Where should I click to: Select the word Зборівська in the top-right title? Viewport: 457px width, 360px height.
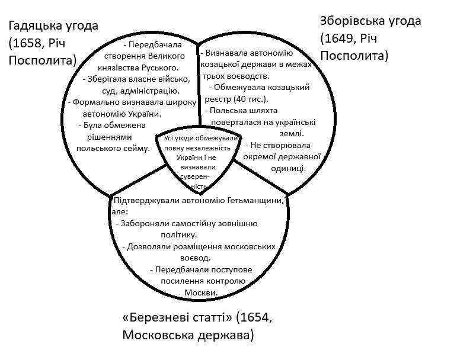click(x=353, y=21)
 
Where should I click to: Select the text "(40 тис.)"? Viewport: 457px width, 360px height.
click(x=249, y=98)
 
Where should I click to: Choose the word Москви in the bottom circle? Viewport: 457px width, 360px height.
click(x=201, y=292)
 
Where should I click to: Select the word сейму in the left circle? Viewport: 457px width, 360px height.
click(x=136, y=148)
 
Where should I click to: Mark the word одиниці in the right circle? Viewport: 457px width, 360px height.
click(x=288, y=168)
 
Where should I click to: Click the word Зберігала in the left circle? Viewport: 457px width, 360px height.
click(x=105, y=79)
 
